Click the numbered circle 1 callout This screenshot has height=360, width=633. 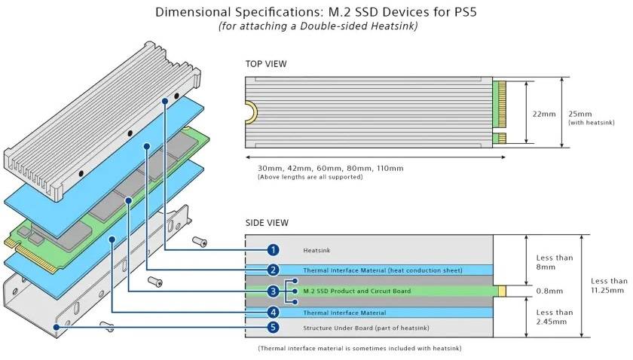click(274, 249)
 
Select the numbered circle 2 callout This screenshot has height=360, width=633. click(274, 270)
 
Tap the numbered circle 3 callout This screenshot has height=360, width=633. click(274, 291)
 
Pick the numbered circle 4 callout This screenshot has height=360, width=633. click(274, 312)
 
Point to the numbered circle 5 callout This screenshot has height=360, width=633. click(274, 328)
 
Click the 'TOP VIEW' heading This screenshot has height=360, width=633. click(266, 64)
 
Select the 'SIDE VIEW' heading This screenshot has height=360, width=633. click(267, 223)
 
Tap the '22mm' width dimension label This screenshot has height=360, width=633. click(544, 114)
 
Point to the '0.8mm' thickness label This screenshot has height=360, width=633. click(548, 291)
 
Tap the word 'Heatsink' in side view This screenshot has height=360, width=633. click(316, 250)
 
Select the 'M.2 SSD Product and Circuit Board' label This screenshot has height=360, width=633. click(356, 291)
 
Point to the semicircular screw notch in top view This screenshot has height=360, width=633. click(251, 113)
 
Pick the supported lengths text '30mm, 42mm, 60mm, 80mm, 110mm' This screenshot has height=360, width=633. click(330, 167)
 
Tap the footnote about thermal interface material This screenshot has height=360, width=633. click(359, 348)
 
